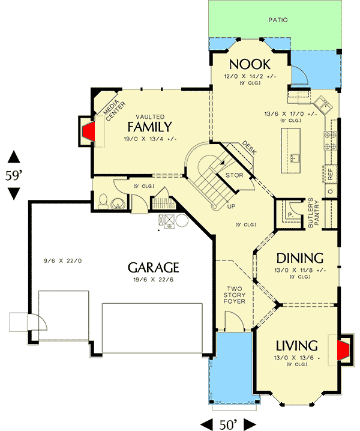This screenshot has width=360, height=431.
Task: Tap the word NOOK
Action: pyautogui.click(x=250, y=64)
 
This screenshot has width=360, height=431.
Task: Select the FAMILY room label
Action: pyautogui.click(x=149, y=127)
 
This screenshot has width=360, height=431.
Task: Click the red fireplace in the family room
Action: pyautogui.click(x=88, y=131)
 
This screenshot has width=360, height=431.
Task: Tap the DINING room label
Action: pyautogui.click(x=299, y=258)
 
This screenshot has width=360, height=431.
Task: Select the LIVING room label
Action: pyautogui.click(x=296, y=346)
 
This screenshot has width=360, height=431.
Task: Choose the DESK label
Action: pyautogui.click(x=249, y=148)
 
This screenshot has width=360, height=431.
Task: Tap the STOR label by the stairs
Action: pyautogui.click(x=233, y=175)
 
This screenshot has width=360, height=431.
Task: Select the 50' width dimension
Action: pyautogui.click(x=227, y=424)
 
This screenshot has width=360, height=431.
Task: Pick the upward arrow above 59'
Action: pyautogui.click(x=14, y=158)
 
